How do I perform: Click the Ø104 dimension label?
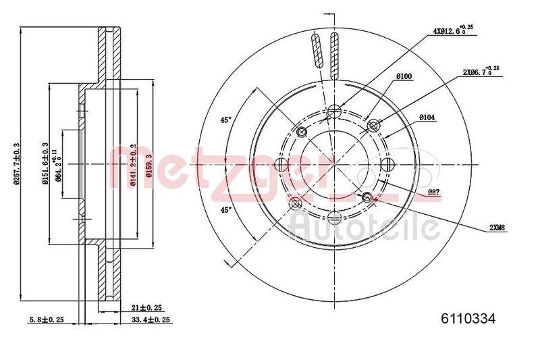tap(427, 117)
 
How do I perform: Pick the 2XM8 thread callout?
tap(495, 228)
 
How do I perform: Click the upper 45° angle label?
tap(226, 120)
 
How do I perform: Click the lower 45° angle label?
tap(226, 209)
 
